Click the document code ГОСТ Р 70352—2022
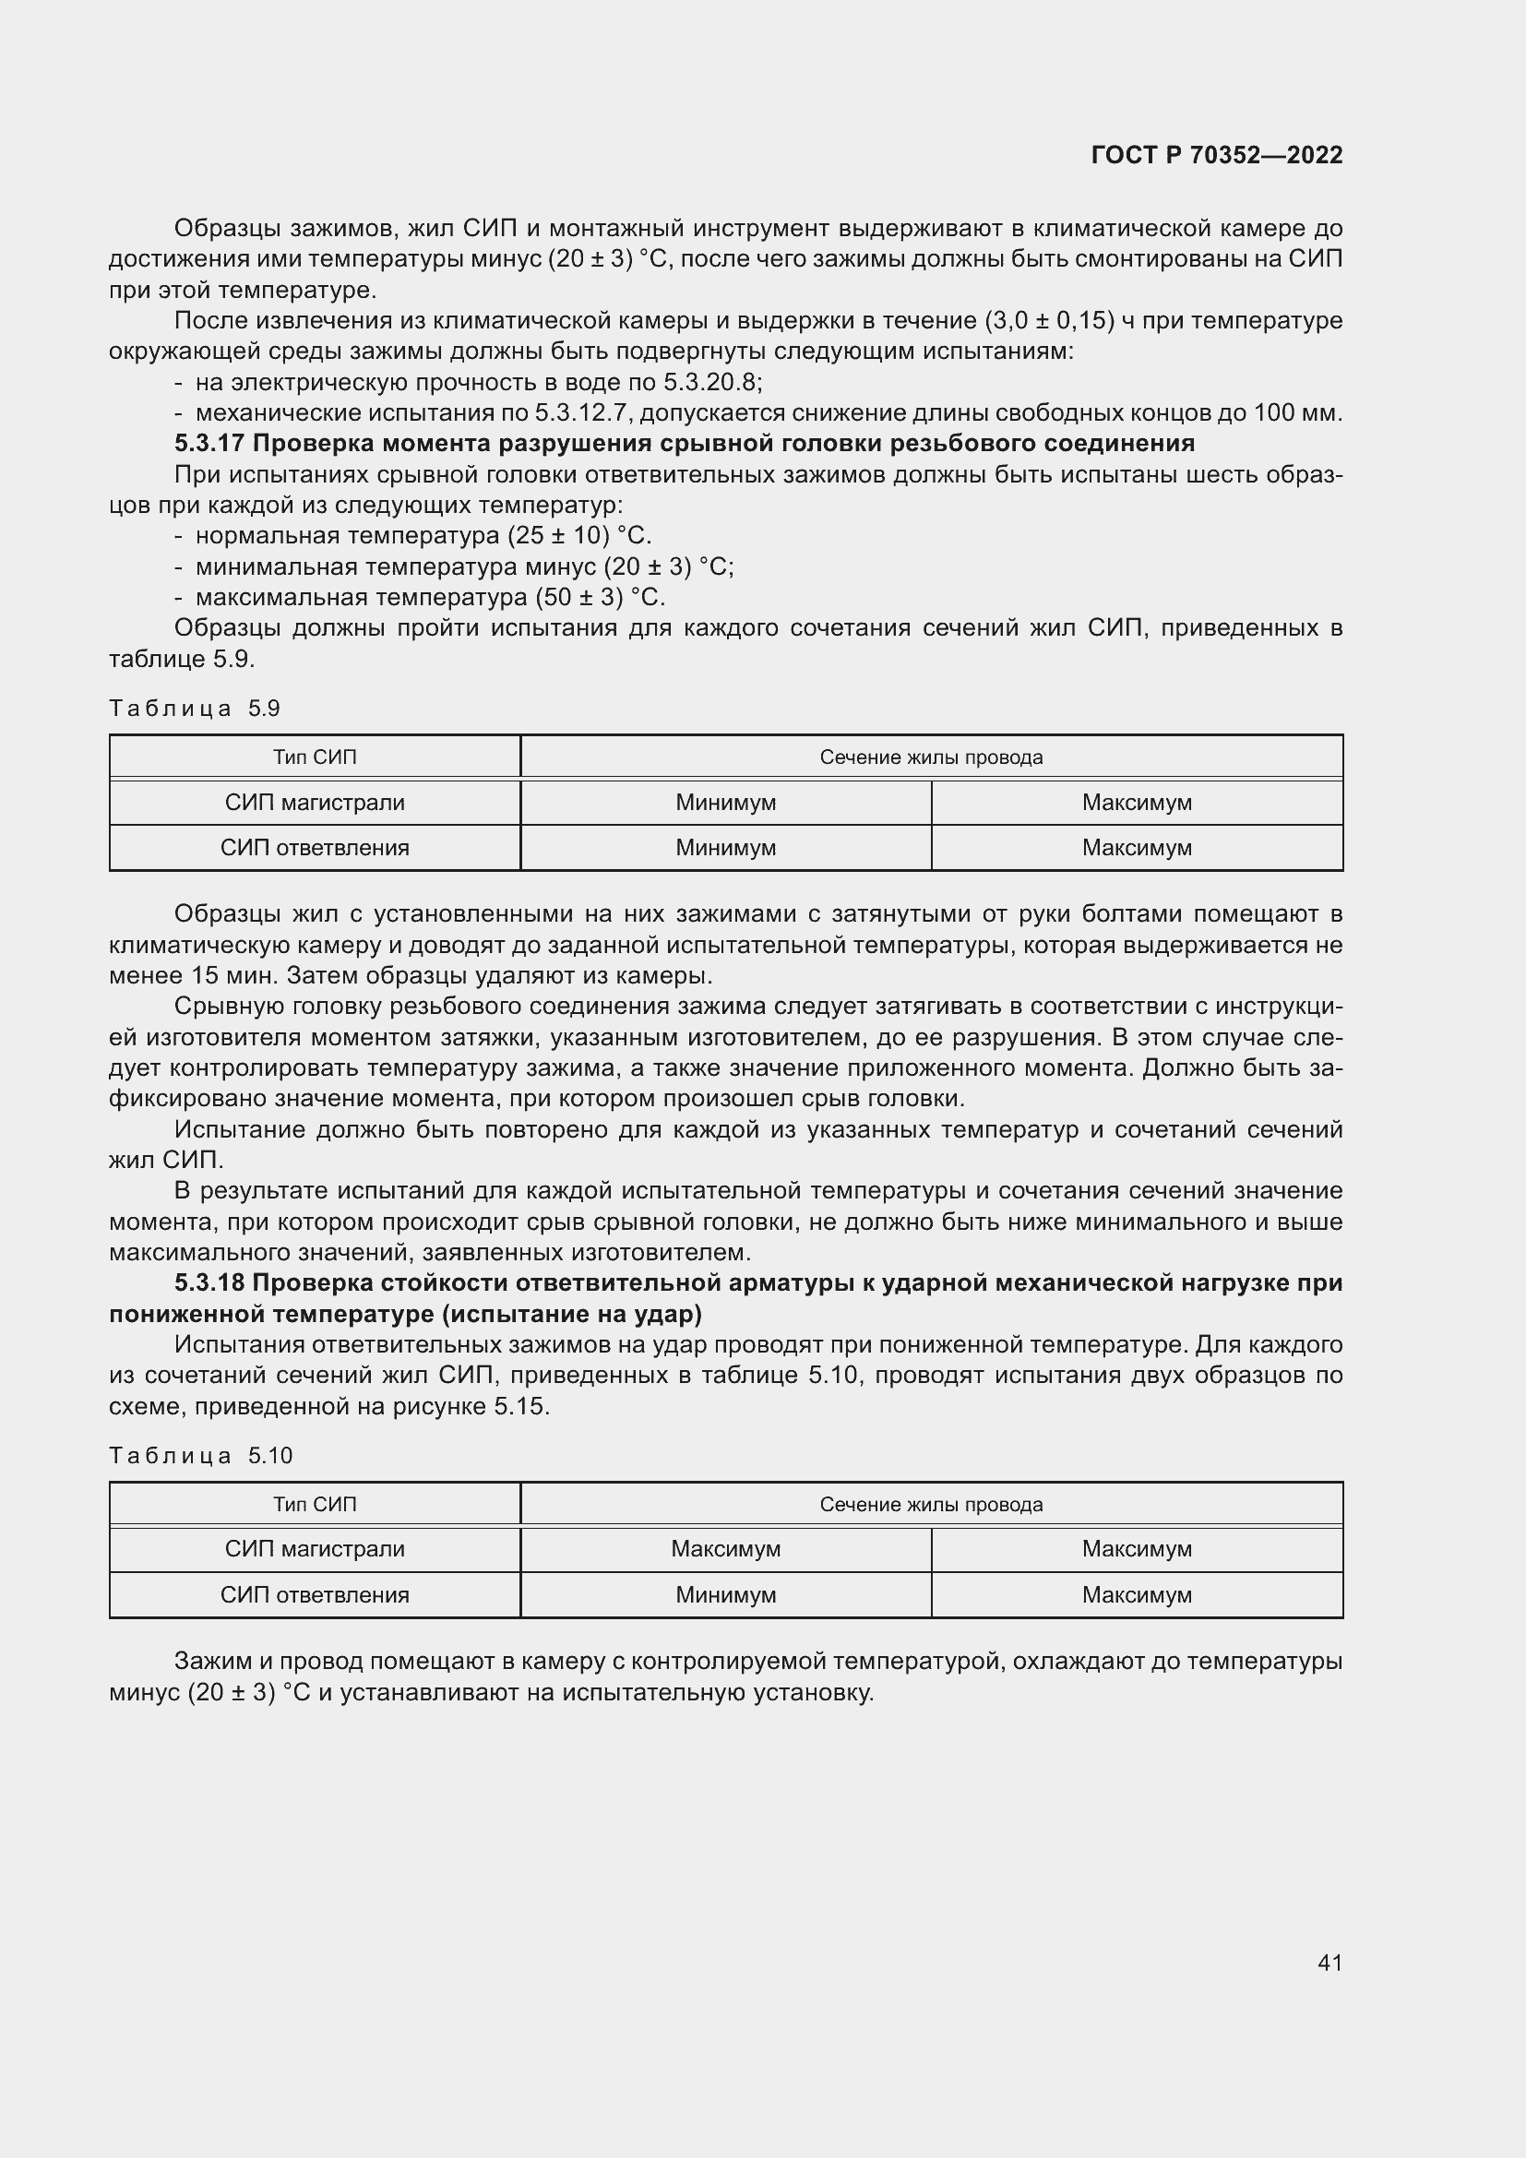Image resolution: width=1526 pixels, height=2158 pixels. click(1217, 155)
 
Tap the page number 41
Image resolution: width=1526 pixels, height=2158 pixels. click(1329, 1962)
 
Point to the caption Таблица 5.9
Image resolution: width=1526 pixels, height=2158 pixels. click(195, 709)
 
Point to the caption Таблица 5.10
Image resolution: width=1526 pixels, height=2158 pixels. click(200, 1456)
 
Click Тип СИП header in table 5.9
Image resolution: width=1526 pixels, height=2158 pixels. click(315, 757)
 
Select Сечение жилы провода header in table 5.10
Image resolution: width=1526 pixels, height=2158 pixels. click(930, 1505)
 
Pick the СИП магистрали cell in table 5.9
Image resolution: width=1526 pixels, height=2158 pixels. click(315, 803)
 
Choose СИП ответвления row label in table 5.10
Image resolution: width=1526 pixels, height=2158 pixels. click(315, 1595)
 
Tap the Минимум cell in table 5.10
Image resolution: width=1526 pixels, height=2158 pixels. click(725, 1595)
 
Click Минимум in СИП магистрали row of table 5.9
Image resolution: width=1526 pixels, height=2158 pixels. click(725, 803)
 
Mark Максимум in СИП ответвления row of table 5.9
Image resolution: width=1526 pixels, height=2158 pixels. click(1136, 848)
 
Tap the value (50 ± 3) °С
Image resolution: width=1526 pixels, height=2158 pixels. click(600, 598)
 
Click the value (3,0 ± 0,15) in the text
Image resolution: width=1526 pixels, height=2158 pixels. click(1049, 320)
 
